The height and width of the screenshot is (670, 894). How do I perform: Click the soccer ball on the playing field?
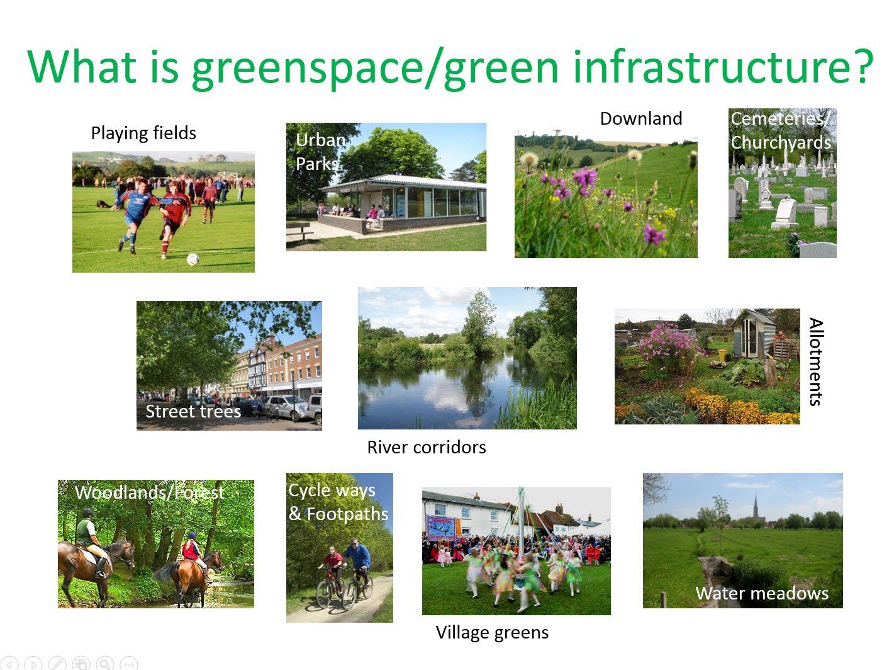click(193, 259)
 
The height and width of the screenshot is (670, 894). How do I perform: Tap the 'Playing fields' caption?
click(143, 133)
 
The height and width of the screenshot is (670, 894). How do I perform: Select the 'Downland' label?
click(640, 118)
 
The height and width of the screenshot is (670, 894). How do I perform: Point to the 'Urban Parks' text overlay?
click(320, 152)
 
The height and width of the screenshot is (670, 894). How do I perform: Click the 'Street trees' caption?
click(194, 411)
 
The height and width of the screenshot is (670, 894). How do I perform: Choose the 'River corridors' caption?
click(427, 447)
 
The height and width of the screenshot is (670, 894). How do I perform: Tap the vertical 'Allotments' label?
click(816, 361)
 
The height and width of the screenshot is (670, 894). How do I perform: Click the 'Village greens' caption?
click(492, 632)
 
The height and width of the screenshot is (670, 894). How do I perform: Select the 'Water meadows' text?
click(762, 593)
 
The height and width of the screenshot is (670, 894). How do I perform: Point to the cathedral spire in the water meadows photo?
click(756, 508)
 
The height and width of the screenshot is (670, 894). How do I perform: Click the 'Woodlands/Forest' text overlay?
click(150, 492)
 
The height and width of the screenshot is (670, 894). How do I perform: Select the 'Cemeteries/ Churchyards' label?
click(781, 130)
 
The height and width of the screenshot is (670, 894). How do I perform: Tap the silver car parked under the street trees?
click(286, 407)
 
